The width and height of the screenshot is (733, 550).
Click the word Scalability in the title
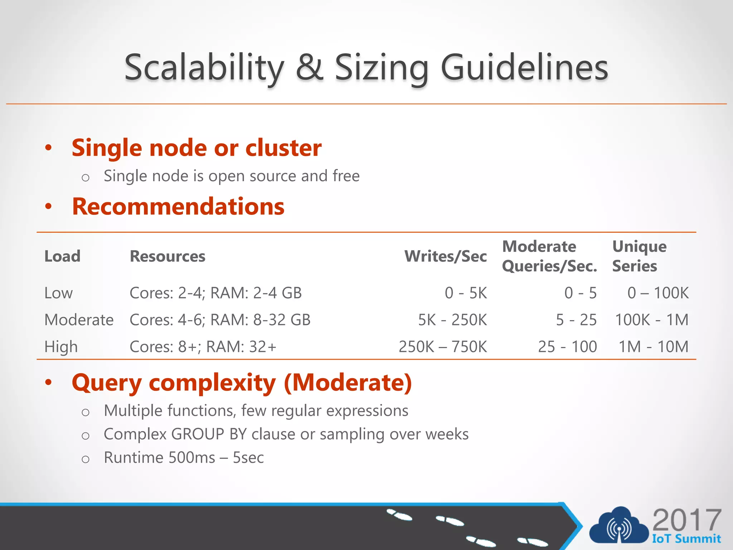pyautogui.click(x=204, y=68)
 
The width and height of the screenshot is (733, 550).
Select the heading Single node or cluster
pyautogui.click(x=196, y=148)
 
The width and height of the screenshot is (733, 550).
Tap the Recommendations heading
pyautogui.click(x=178, y=207)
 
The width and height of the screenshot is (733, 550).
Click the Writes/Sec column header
pyautogui.click(x=445, y=256)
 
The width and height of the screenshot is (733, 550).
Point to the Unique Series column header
pyautogui.click(x=639, y=256)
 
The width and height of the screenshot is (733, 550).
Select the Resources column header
pyautogui.click(x=168, y=256)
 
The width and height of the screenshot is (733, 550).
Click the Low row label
pyautogui.click(x=58, y=293)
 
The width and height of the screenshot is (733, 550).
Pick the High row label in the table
pyautogui.click(x=61, y=347)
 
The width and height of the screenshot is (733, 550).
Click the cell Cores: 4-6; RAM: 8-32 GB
pyautogui.click(x=220, y=320)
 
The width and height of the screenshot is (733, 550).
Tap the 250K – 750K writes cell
pyautogui.click(x=443, y=347)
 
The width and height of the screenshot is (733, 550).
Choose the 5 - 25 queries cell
pyautogui.click(x=576, y=320)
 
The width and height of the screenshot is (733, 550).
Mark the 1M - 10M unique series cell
pyautogui.click(x=654, y=347)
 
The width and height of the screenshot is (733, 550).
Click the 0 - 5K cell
pyautogui.click(x=466, y=293)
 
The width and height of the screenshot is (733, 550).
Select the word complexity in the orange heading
pyautogui.click(x=212, y=383)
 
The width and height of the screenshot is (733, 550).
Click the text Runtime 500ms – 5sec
pyautogui.click(x=184, y=458)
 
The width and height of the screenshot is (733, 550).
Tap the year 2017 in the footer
pyautogui.click(x=686, y=520)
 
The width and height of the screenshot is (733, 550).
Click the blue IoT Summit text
pyautogui.click(x=686, y=539)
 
